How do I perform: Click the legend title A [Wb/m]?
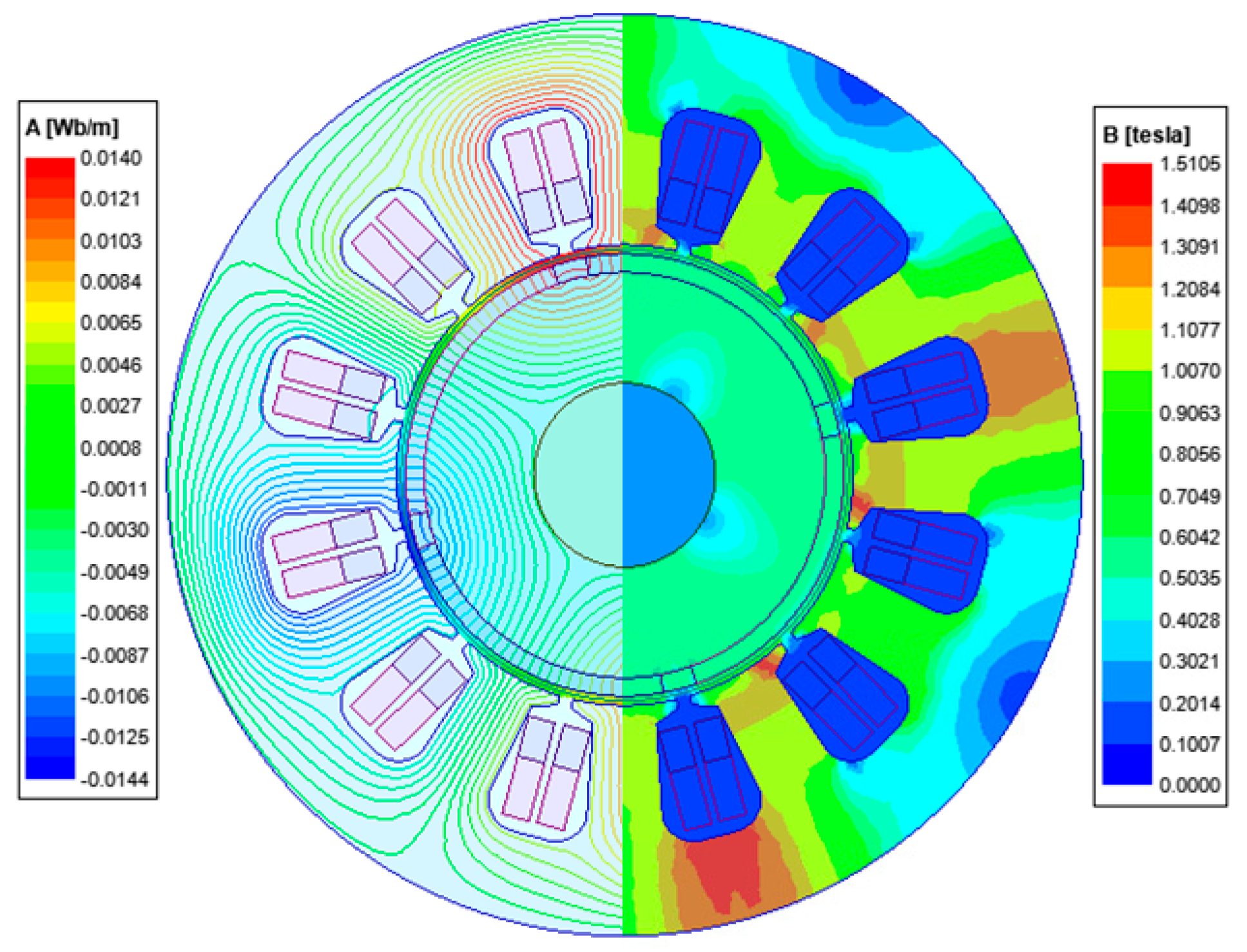coord(72,128)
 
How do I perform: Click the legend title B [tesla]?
coord(1146,135)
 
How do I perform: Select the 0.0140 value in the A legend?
coord(111,158)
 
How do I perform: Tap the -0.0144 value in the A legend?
coord(114,779)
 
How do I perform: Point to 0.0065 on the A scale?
coord(111,322)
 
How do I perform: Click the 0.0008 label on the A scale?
coord(111,448)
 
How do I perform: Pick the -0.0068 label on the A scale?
coord(114,612)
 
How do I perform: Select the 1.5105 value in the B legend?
coord(1190,164)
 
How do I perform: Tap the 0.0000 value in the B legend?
coord(1190,784)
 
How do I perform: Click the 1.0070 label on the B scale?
coord(1190,371)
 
